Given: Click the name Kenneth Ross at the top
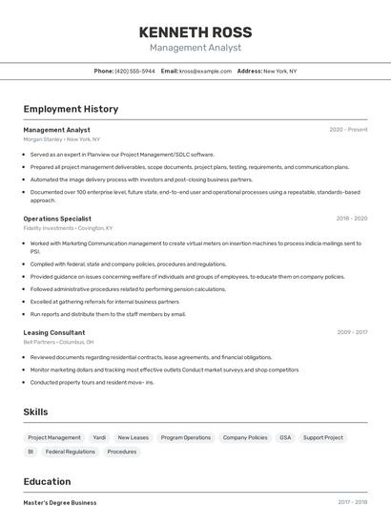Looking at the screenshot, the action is [195, 32].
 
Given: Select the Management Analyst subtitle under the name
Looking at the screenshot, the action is [195, 48].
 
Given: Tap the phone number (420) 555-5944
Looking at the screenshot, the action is [134, 71].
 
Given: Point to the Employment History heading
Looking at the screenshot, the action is [71, 109].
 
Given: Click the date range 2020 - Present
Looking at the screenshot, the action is [348, 130].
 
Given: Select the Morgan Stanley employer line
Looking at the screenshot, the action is [61, 139].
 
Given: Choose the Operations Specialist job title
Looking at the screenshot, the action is [57, 219].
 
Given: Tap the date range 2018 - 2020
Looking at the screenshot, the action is [351, 219].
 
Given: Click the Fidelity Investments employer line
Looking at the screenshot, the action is [68, 228].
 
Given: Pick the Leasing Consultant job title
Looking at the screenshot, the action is [54, 332].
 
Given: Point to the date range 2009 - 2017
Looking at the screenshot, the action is [351, 332].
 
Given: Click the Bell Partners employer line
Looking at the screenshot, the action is [58, 342].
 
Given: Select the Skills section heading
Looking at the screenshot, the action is [36, 411].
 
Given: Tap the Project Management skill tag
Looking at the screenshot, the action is [54, 437].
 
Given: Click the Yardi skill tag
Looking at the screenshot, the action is [99, 437].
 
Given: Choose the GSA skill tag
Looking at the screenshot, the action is [285, 437].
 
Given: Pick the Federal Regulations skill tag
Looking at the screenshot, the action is [71, 452].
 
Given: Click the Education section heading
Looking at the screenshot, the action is [47, 481].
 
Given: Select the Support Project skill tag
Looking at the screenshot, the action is [323, 437].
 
